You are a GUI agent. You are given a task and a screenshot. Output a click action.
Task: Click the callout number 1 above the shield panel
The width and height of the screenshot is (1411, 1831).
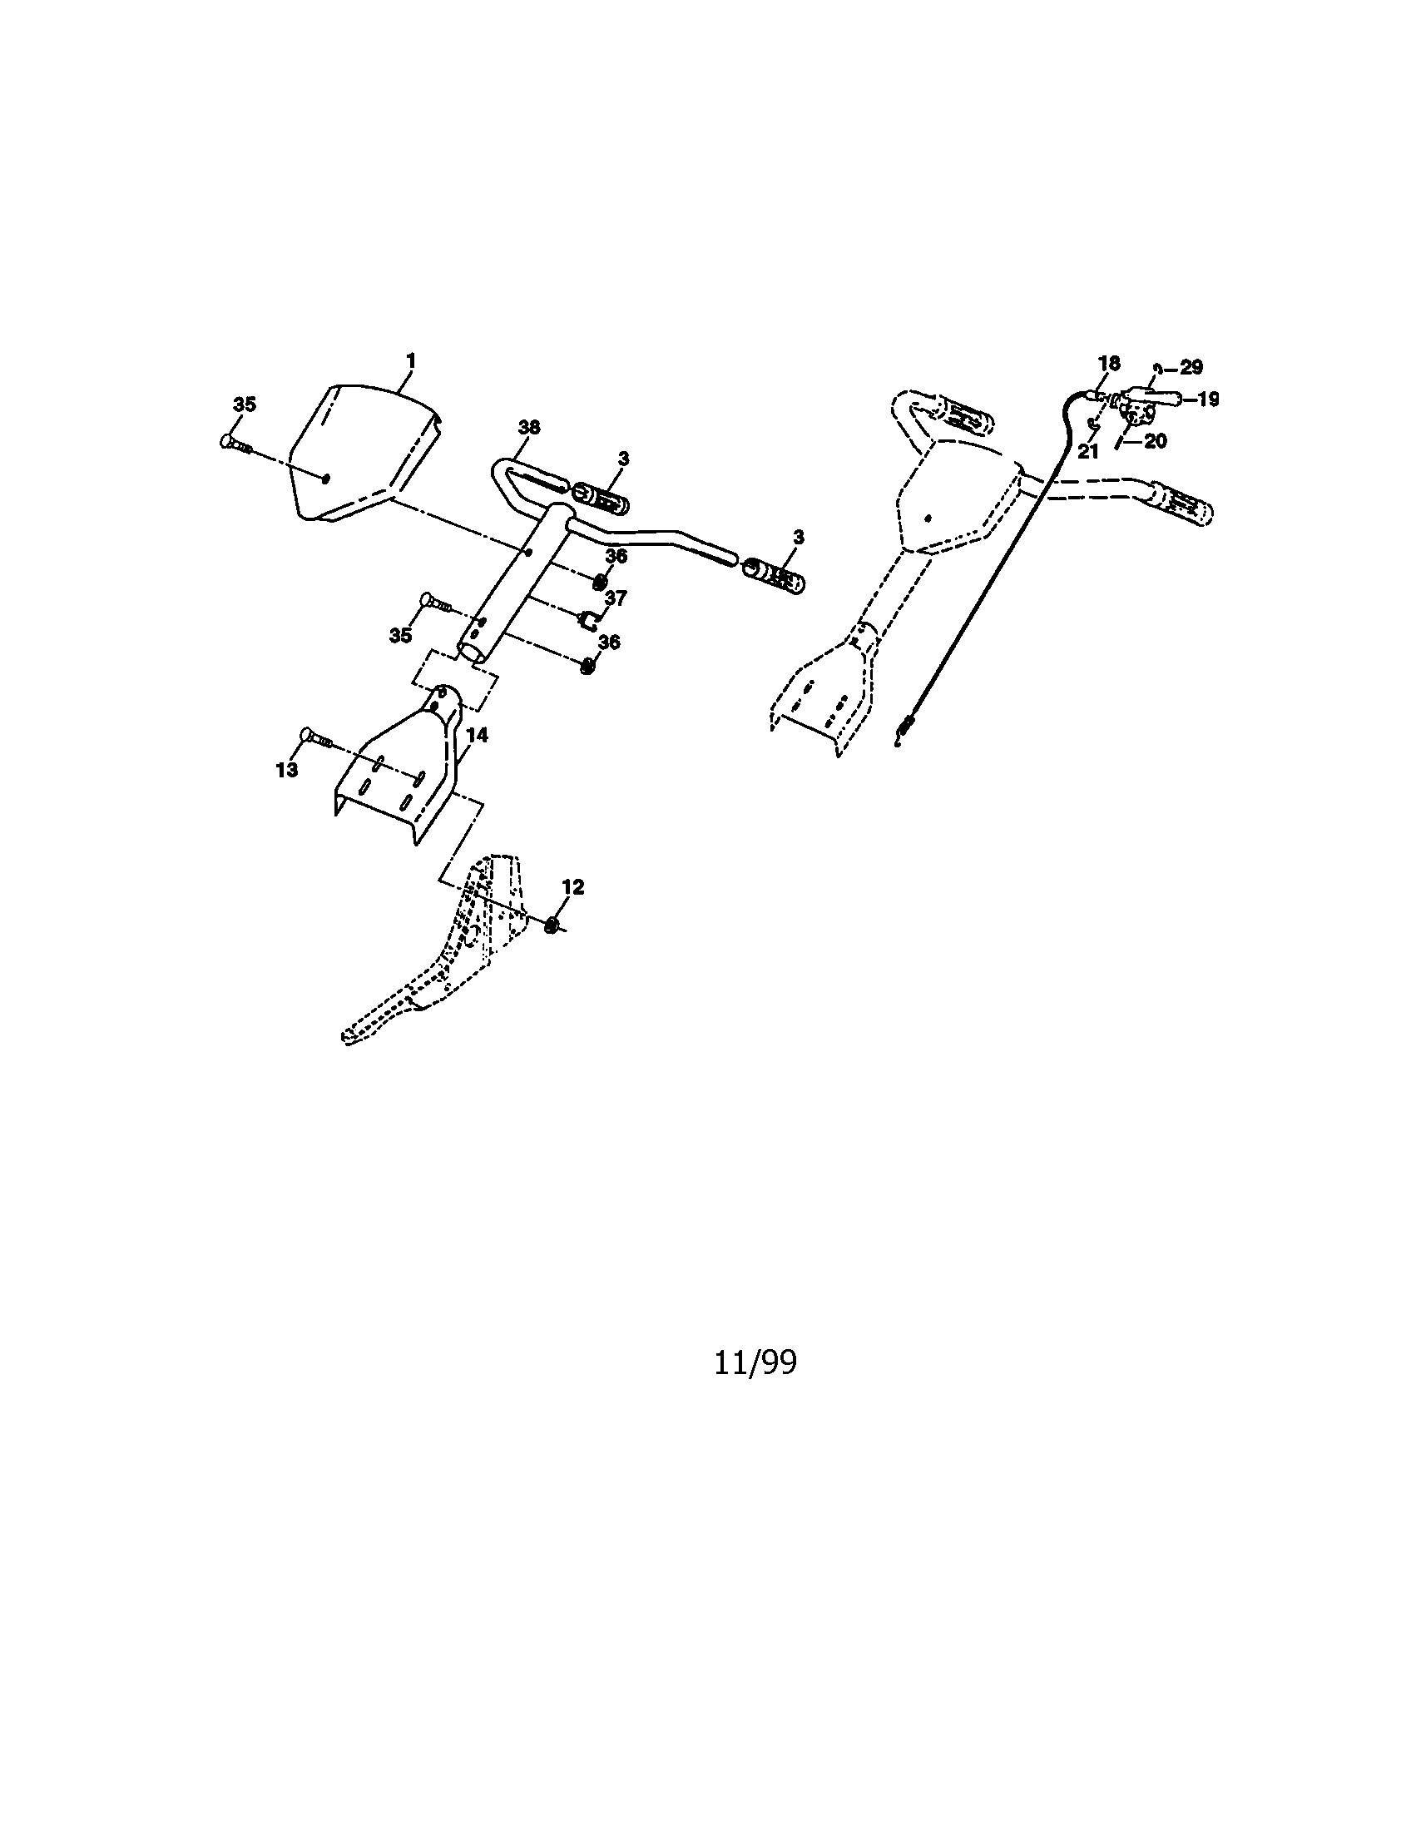410,361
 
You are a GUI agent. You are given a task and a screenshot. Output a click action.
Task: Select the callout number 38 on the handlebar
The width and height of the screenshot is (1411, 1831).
528,428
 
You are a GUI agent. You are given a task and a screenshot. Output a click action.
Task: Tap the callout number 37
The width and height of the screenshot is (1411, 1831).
616,598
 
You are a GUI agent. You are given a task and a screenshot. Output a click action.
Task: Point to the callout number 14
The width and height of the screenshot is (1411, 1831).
477,735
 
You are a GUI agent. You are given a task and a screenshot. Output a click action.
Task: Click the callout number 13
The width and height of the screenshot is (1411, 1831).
286,770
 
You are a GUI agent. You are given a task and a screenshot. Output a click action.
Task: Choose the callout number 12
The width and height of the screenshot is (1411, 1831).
572,887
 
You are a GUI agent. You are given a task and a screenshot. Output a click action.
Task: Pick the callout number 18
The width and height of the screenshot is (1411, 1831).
1108,363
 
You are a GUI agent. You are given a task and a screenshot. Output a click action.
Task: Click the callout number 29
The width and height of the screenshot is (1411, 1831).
1191,367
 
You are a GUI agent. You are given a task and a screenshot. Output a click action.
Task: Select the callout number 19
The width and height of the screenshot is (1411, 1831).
1207,399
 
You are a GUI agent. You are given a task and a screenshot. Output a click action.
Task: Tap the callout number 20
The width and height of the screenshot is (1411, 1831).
1156,441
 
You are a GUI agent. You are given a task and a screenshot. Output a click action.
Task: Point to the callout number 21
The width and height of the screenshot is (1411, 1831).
1087,451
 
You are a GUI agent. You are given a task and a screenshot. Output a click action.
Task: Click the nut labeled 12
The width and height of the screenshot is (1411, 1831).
552,925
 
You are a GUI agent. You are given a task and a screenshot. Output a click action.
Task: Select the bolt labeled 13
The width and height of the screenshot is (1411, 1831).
316,738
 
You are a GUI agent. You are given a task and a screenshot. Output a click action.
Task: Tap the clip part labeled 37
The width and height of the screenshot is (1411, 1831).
588,620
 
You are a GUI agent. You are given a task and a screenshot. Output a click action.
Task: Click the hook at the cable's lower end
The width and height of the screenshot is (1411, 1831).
903,731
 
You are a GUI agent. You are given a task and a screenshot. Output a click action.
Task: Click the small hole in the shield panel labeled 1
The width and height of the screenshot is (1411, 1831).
326,478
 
